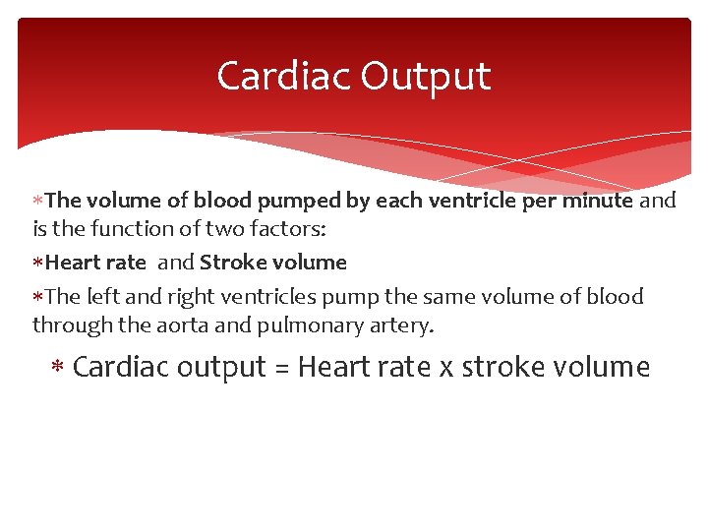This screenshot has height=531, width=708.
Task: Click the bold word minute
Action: click(x=599, y=202)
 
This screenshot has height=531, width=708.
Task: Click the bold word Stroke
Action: click(x=232, y=263)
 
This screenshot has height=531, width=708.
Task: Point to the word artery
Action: click(x=402, y=324)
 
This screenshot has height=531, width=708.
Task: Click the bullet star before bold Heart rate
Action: click(x=38, y=264)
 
